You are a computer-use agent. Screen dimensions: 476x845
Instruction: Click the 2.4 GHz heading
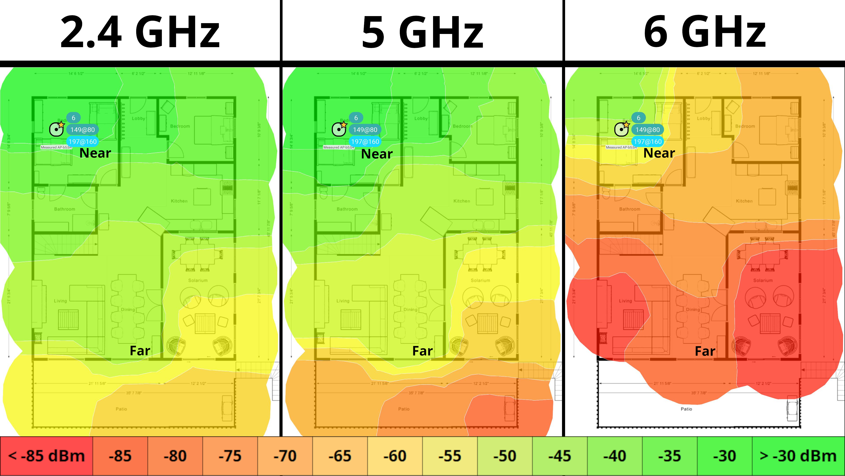point(140,32)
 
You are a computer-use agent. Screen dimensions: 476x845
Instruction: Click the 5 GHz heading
point(422,32)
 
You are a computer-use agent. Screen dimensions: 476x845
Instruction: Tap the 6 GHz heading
point(705,32)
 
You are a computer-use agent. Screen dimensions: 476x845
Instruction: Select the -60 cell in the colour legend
point(395,456)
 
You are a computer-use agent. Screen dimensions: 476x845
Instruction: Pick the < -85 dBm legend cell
point(46,456)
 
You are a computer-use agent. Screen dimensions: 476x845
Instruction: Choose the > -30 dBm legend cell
point(798,456)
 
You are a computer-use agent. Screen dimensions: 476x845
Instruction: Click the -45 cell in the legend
point(560,456)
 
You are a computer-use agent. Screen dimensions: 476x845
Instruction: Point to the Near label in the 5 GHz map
point(377,154)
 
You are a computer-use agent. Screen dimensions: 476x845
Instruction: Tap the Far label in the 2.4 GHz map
point(140,351)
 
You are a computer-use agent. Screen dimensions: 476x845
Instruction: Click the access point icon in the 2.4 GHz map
point(56,129)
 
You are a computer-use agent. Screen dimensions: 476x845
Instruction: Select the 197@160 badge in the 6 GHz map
point(648,141)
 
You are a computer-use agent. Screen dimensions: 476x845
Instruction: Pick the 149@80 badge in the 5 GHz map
point(365,130)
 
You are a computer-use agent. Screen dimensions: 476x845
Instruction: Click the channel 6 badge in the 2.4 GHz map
point(73,118)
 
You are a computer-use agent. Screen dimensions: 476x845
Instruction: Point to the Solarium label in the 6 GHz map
point(763,280)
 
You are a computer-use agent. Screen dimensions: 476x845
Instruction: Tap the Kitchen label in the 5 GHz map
point(461,201)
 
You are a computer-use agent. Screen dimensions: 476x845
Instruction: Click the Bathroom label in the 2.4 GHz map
point(65,209)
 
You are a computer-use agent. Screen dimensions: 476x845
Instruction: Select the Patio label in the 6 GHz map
point(686,409)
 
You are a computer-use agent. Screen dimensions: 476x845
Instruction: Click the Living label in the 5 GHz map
point(343,301)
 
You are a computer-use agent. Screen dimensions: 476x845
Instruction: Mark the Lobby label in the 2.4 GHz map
point(138,118)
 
